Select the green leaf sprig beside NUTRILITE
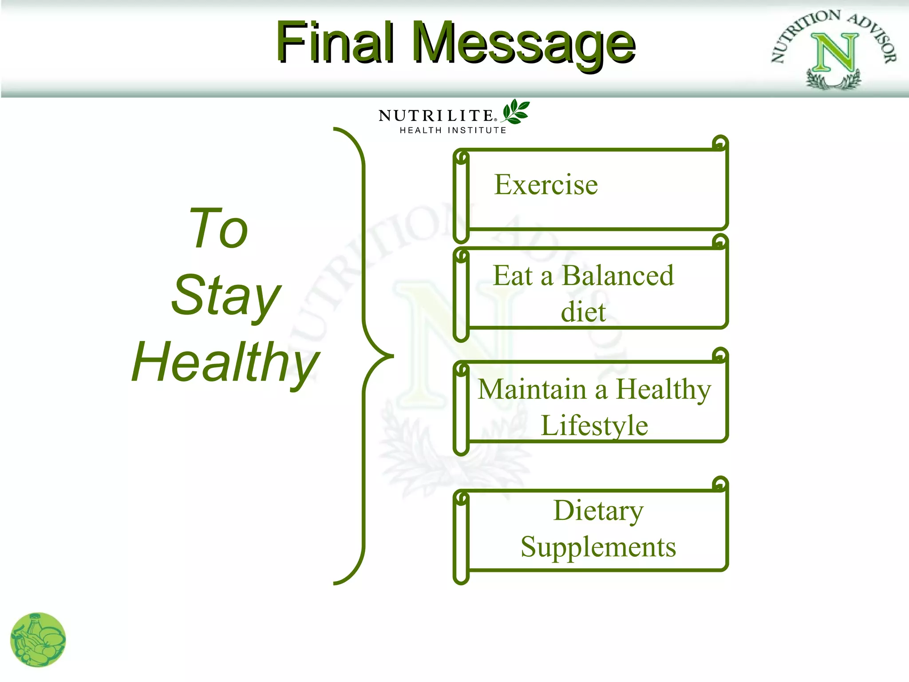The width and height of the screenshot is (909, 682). (516, 111)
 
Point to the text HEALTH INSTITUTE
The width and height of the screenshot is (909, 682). (453, 130)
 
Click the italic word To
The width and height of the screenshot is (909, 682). (218, 229)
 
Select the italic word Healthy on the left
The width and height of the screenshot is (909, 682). (225, 362)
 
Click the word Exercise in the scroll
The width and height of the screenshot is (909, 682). (546, 185)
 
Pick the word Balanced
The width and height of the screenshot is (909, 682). (618, 276)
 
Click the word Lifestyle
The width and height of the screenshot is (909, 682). (594, 425)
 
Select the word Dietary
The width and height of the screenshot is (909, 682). (598, 511)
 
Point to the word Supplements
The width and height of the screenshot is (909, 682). (598, 547)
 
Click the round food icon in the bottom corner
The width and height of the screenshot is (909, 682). (38, 640)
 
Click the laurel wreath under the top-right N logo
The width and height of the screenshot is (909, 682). (834, 81)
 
